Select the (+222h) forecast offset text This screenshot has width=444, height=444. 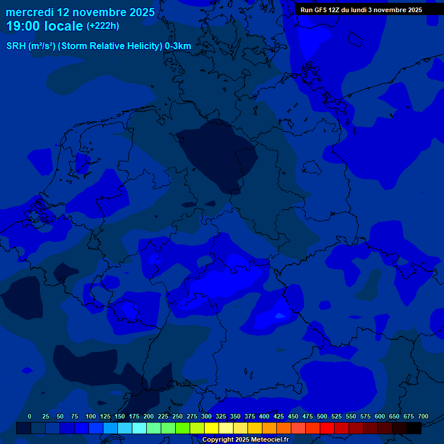pyautogui.click(x=103, y=26)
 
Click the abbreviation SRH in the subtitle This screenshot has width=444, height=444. pyautogui.click(x=16, y=46)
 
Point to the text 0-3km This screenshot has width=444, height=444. pyautogui.click(x=178, y=46)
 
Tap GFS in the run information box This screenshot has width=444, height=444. pyautogui.click(x=320, y=10)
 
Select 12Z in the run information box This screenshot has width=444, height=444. pyautogui.click(x=335, y=10)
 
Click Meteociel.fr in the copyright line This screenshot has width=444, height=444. pyautogui.click(x=266, y=440)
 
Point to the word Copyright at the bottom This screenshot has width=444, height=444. pyautogui.click(x=219, y=440)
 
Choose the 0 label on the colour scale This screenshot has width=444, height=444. pyautogui.click(x=29, y=416)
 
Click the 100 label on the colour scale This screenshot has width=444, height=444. pyautogui.click(x=90, y=416)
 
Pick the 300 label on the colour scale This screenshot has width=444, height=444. pyautogui.click(x=206, y=416)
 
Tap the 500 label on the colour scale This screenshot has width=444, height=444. pyautogui.click(x=322, y=416)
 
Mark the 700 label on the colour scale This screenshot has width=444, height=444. pyautogui.click(x=423, y=416)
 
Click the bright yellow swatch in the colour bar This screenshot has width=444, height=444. pyautogui.click(x=212, y=428)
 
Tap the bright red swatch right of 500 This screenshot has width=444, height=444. pyautogui.click(x=327, y=428)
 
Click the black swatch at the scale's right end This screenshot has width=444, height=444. pyautogui.click(x=414, y=428)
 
